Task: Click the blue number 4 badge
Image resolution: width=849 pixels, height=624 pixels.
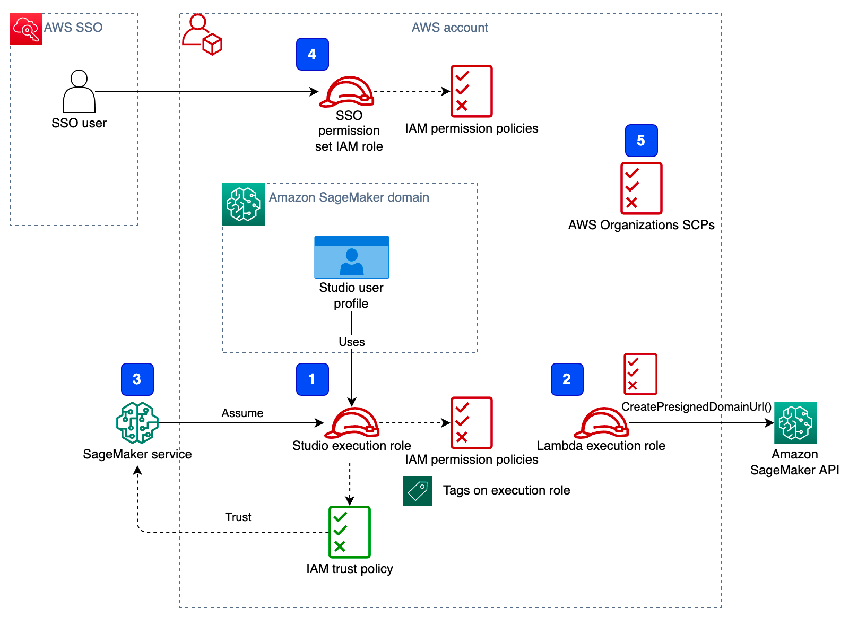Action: point(312,54)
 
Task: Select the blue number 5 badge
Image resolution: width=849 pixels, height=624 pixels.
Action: point(641,141)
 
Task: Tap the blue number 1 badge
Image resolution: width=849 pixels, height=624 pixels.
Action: point(312,379)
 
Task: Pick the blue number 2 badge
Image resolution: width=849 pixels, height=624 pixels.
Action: point(567,379)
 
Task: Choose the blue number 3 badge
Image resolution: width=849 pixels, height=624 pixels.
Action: point(137,379)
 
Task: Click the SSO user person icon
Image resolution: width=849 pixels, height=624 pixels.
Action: point(79,91)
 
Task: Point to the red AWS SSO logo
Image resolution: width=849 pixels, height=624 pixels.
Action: point(26,29)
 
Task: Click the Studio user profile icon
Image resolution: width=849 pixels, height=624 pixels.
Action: point(351,257)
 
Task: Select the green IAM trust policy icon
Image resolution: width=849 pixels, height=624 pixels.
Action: point(349,532)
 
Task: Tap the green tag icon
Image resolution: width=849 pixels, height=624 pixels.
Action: point(417,490)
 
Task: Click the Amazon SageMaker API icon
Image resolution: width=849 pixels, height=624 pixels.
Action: point(795,423)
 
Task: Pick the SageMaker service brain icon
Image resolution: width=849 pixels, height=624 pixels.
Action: point(137,423)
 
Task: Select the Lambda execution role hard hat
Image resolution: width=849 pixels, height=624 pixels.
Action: point(601,422)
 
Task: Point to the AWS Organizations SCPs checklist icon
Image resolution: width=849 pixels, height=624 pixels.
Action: point(641,188)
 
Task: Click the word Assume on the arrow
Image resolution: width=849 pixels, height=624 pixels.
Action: point(242,413)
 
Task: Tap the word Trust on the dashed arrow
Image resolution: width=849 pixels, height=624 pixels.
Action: point(238,517)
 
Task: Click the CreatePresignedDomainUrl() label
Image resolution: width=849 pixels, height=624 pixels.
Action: point(696,407)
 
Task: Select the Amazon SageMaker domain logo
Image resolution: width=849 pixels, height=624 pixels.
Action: point(244,204)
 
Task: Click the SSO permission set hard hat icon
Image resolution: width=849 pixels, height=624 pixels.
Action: point(347,92)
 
